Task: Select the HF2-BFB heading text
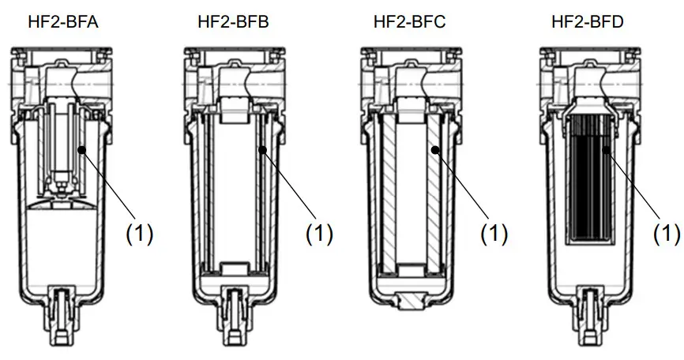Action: (x=233, y=22)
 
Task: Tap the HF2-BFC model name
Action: (x=409, y=22)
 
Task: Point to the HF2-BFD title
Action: (x=587, y=22)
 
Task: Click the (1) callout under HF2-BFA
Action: (x=140, y=234)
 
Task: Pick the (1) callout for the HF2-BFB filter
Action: (x=319, y=234)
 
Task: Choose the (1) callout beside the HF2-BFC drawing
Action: (x=494, y=234)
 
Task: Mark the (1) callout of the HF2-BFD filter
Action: (x=667, y=234)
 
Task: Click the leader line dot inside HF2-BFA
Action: (x=81, y=148)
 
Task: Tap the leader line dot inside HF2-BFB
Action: (x=260, y=148)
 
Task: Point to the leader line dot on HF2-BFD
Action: (x=604, y=148)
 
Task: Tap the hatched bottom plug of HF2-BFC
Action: (x=409, y=301)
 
